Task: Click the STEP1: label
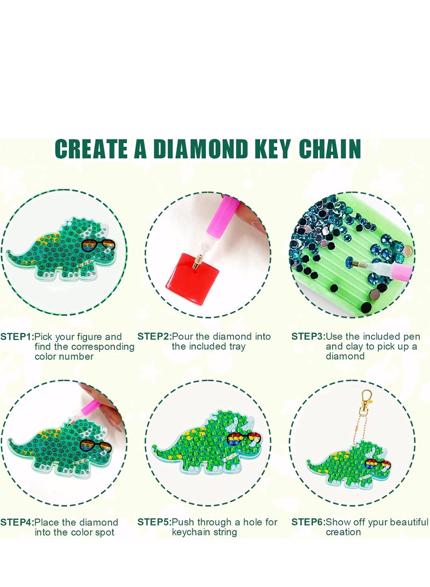(17, 337)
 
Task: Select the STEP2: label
(154, 337)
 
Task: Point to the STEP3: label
(308, 337)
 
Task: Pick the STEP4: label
(17, 522)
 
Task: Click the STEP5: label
(154, 522)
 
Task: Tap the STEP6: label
(308, 522)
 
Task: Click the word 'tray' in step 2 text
(235, 347)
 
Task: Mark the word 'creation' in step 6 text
(343, 533)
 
